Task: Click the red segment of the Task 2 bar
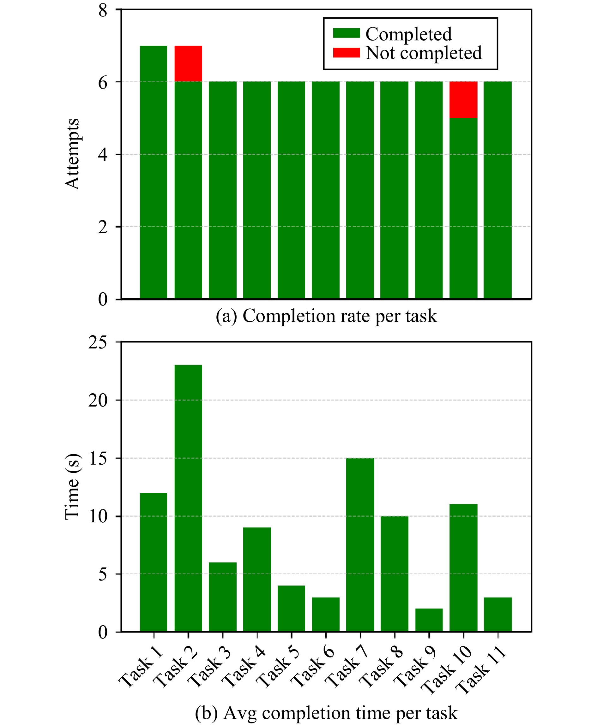(188, 63)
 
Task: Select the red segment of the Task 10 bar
(463, 100)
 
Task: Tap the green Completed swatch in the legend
(346, 33)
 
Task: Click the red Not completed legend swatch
(346, 53)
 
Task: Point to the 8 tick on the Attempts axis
(103, 11)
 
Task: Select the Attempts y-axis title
(73, 154)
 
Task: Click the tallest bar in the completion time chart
(188, 499)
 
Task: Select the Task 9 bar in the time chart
(429, 620)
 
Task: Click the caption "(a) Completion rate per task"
(326, 316)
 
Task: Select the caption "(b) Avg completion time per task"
(326, 710)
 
